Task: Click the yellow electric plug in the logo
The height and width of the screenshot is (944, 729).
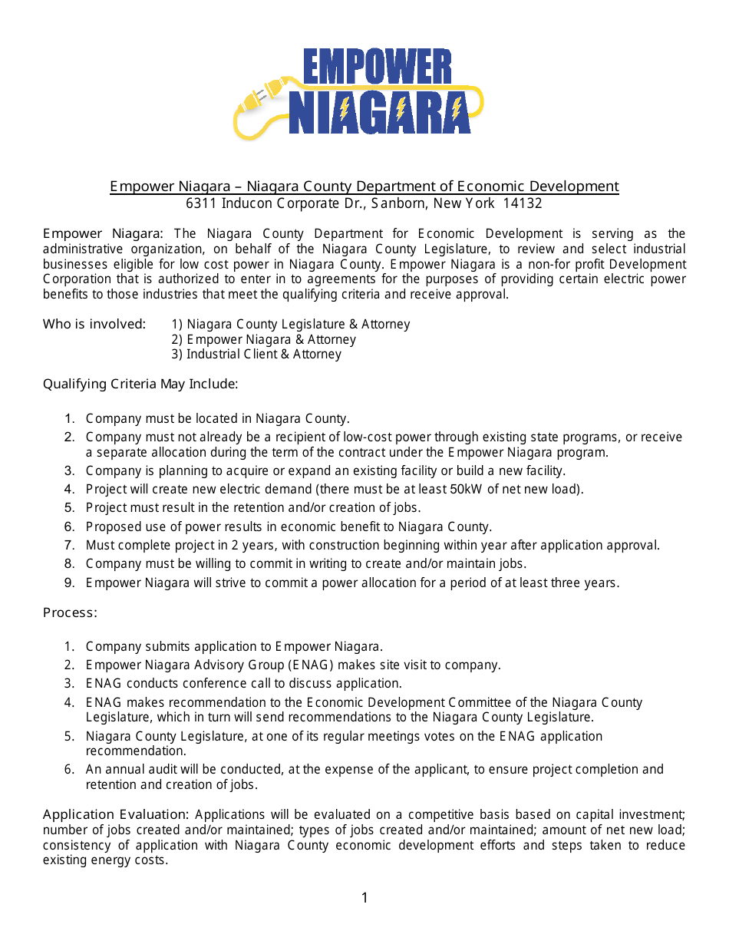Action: pyautogui.click(x=256, y=101)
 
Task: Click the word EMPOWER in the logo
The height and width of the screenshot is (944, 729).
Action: pyautogui.click(x=377, y=67)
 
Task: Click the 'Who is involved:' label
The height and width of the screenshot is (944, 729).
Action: pyautogui.click(x=94, y=324)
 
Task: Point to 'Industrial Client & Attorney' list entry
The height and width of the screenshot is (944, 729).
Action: pyautogui.click(x=256, y=355)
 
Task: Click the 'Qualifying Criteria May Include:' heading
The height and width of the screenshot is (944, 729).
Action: pyautogui.click(x=140, y=384)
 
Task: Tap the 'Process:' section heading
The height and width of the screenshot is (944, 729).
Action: pyautogui.click(x=70, y=613)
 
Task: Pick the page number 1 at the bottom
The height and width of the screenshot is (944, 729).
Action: pyautogui.click(x=364, y=898)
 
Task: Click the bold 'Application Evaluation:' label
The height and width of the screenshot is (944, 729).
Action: pyautogui.click(x=116, y=815)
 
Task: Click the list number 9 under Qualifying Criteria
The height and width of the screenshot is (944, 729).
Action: pyautogui.click(x=69, y=583)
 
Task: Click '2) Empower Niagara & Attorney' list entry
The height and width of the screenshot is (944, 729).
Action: pyautogui.click(x=264, y=339)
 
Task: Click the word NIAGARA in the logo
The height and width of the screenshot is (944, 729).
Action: pyautogui.click(x=380, y=114)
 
